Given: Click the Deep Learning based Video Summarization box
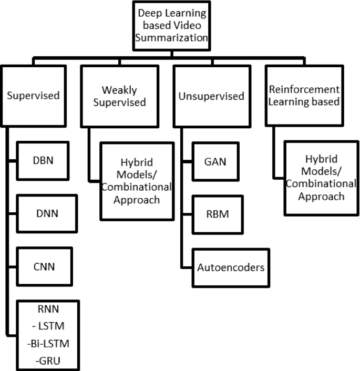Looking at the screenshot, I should tap(171, 25).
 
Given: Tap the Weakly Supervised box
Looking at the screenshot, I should tap(119, 96).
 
